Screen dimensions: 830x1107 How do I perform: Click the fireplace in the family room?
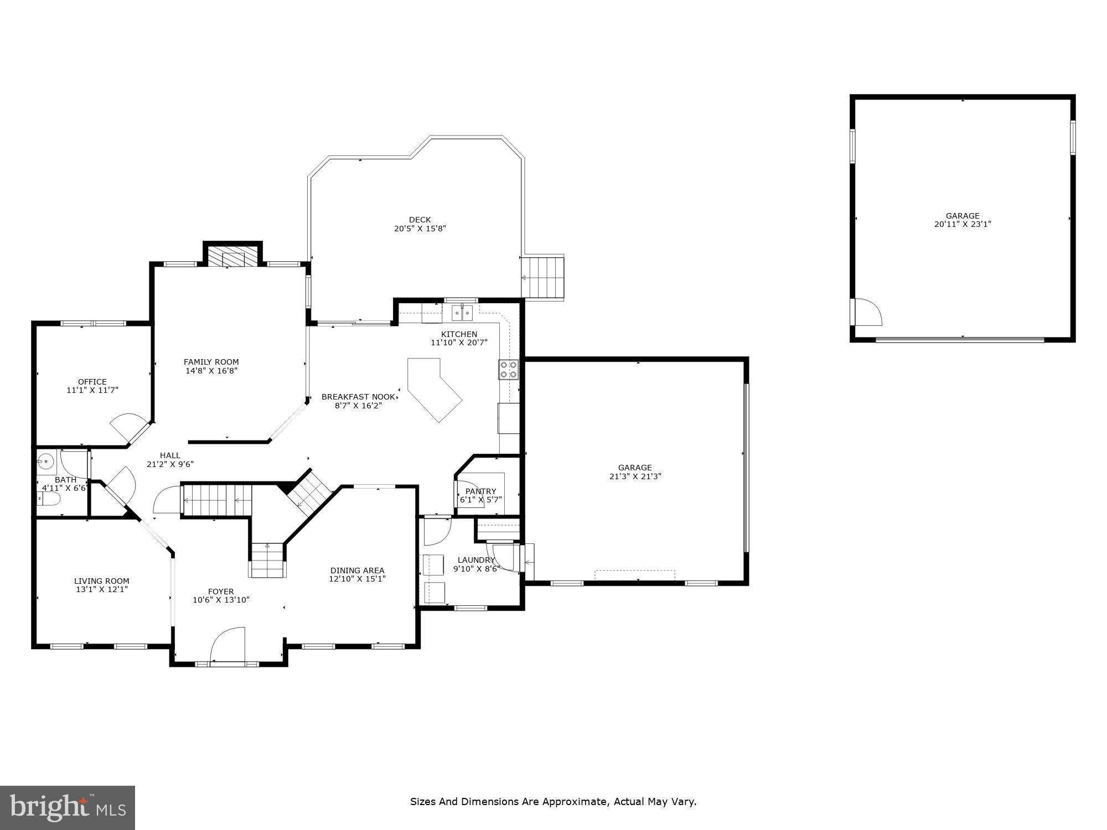coord(233,257)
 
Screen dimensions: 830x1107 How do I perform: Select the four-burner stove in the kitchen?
coord(509,369)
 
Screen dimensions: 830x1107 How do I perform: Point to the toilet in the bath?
coord(48,499)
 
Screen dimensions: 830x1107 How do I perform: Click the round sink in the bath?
coord(46,460)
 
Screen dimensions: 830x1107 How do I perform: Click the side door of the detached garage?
coord(867,313)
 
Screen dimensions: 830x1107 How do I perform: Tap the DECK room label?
coord(420,220)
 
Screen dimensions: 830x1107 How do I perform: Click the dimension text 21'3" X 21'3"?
coord(635,476)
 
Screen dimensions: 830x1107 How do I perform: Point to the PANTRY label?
coord(480,491)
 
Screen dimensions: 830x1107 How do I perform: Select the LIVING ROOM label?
coord(102,581)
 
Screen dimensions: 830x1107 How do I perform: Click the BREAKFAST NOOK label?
coord(358,397)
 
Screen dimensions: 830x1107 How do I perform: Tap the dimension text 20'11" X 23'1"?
coord(962,224)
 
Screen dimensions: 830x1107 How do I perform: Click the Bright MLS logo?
coord(67,807)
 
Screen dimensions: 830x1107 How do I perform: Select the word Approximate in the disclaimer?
coord(575,801)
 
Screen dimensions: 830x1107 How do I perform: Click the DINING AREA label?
coord(357,570)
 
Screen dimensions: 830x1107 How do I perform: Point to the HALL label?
coord(170,455)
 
